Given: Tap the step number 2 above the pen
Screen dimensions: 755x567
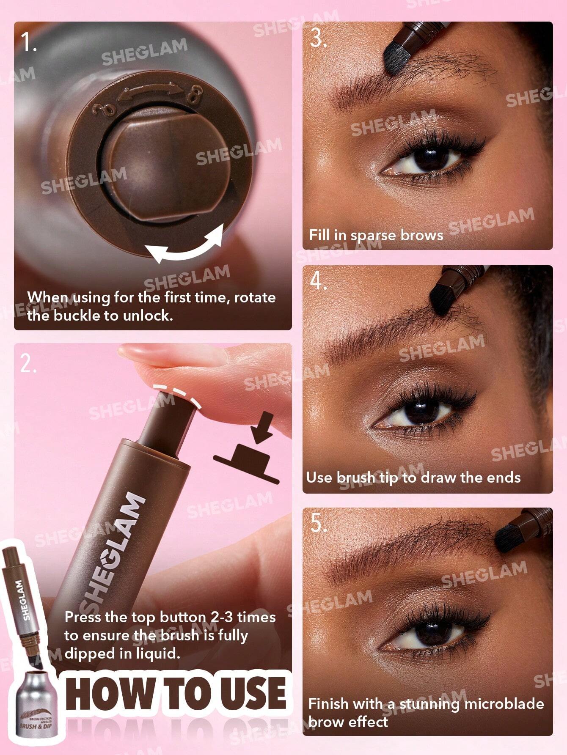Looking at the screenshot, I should point(28,363).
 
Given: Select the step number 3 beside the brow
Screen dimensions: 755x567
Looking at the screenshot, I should point(318,38).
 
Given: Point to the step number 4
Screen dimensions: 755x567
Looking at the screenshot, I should point(318,280).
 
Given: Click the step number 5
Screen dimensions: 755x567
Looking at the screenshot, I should point(318,523).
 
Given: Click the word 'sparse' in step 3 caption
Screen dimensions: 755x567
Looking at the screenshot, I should point(373,235).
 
